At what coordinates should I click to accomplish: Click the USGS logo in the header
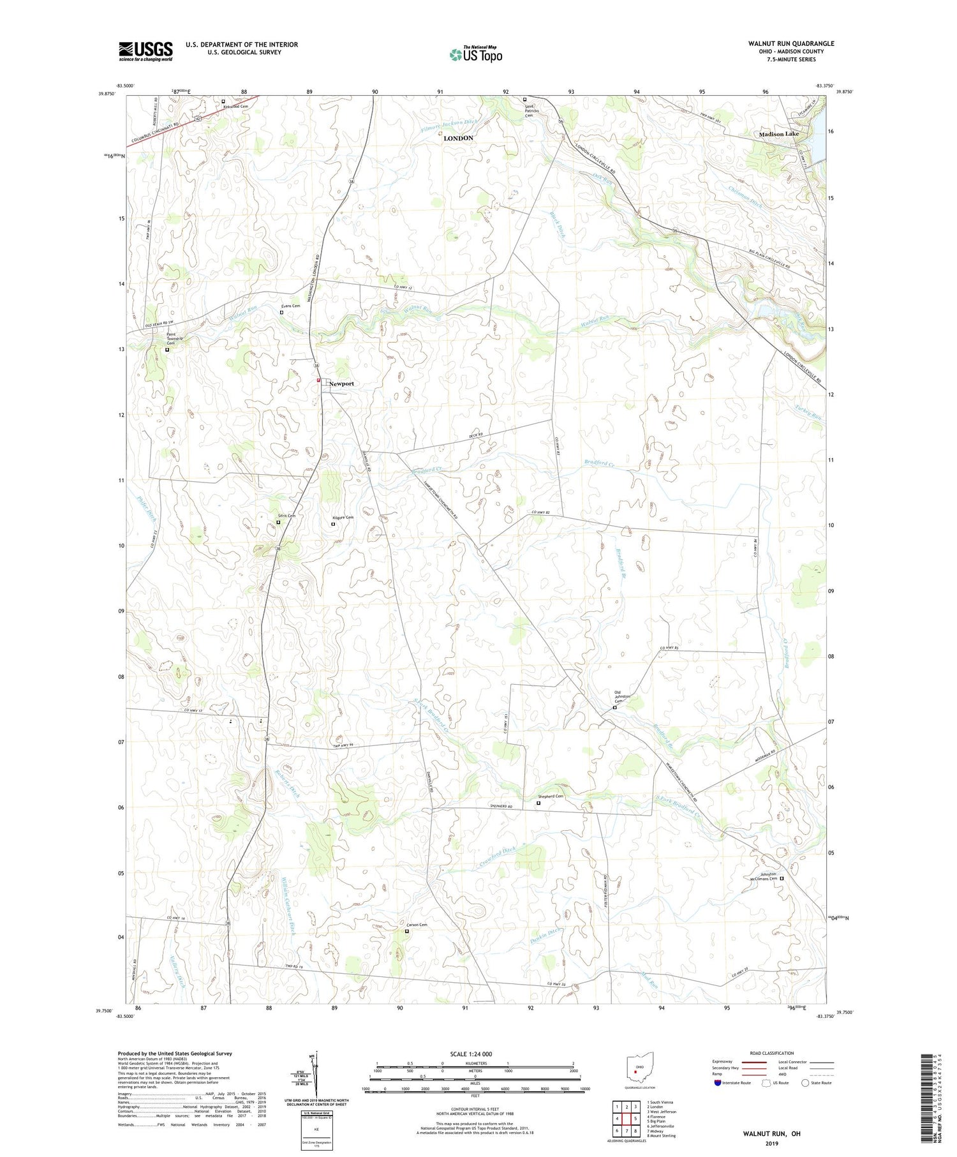[145, 51]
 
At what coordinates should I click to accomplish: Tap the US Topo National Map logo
[475, 54]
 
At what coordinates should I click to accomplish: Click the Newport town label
[341, 384]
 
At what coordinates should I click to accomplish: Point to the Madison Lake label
[778, 134]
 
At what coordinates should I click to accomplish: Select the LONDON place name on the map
[458, 138]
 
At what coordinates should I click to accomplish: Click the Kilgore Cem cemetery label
[343, 518]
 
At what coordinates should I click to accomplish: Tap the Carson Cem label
[416, 925]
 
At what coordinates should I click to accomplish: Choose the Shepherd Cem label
[551, 796]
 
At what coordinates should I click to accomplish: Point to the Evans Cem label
[290, 306]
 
